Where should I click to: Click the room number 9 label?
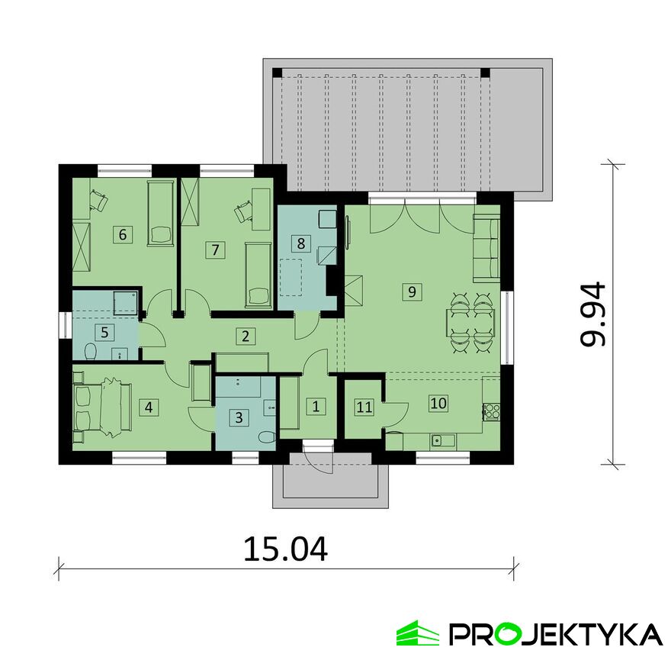411,291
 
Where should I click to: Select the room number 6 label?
122,233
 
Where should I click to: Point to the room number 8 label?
301,243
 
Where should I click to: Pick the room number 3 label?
239,417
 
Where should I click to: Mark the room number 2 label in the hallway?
245,335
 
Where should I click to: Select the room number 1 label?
316,406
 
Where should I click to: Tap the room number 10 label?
438,403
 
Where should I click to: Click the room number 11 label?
364,407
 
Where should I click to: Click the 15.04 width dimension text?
285,549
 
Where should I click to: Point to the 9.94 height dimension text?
592,314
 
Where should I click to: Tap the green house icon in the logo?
417,633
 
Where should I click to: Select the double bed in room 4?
102,407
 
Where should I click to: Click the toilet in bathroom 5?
90,352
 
